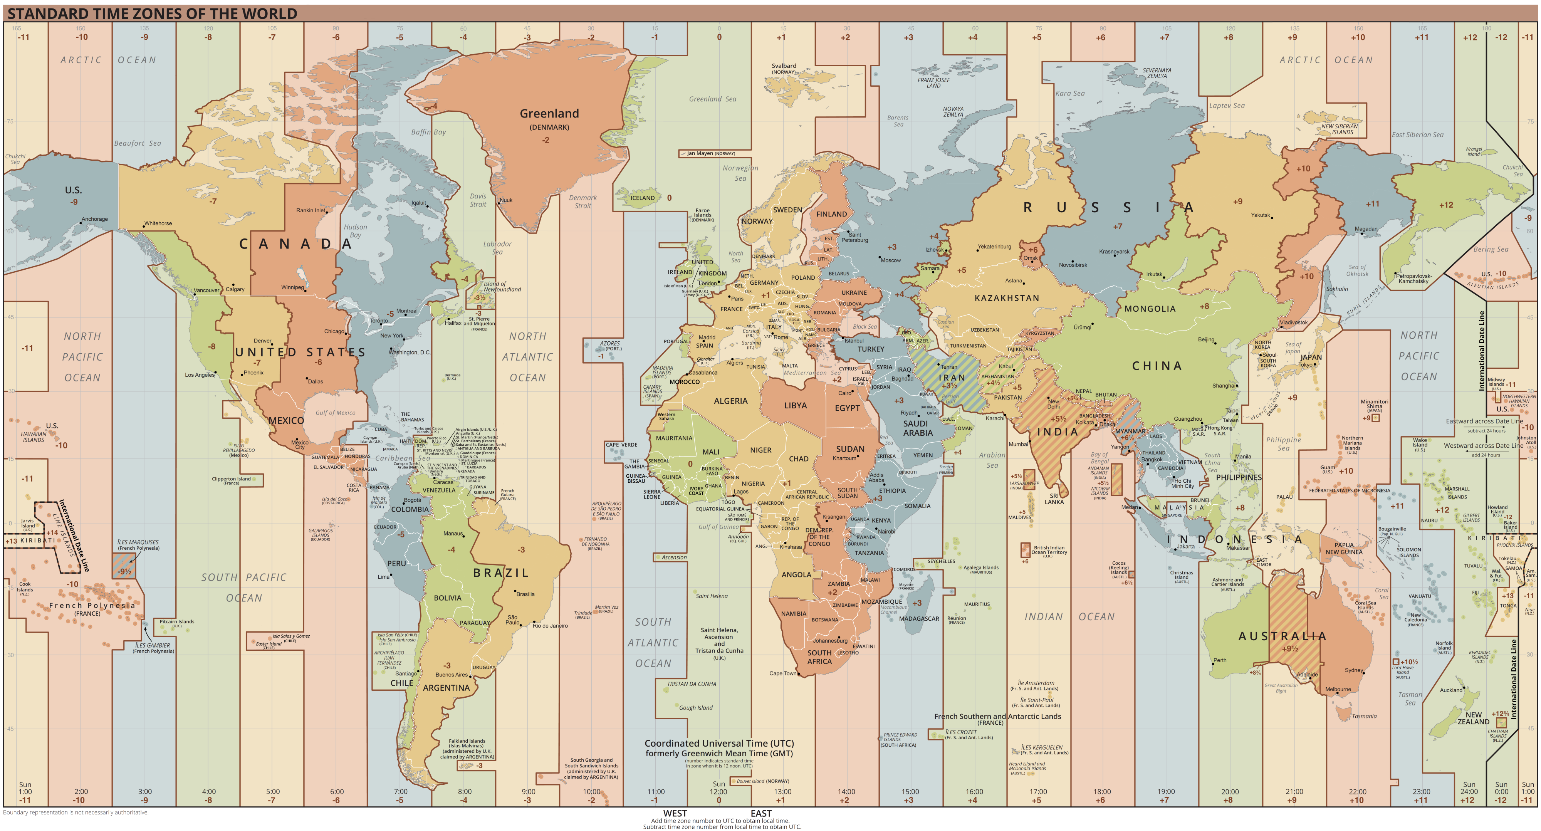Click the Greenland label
click(x=549, y=114)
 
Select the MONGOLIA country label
click(x=1150, y=309)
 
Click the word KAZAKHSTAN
click(x=1007, y=298)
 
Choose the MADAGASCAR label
click(x=919, y=619)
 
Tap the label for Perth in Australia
click(x=1220, y=660)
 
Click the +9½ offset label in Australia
click(x=1290, y=648)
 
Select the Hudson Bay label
click(x=355, y=231)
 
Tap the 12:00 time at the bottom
click(x=718, y=792)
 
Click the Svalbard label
click(x=784, y=66)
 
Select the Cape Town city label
click(x=782, y=673)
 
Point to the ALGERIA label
click(x=730, y=401)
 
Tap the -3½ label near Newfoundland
click(x=480, y=297)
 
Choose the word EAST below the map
click(x=761, y=813)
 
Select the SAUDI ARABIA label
click(x=918, y=428)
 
